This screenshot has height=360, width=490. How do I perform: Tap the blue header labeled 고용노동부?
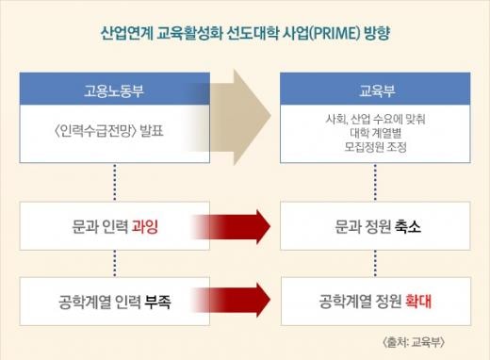[115, 89]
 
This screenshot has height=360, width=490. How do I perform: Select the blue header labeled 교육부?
[375, 89]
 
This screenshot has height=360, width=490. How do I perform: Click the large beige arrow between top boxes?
[240, 117]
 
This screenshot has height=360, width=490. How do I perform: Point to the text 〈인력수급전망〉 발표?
[109, 131]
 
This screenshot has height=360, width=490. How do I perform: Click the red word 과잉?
[144, 226]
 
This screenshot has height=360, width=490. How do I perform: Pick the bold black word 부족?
[157, 302]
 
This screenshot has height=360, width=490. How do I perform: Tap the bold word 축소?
[408, 226]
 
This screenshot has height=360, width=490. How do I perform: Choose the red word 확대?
[418, 302]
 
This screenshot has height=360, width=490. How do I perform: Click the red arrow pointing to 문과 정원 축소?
[231, 226]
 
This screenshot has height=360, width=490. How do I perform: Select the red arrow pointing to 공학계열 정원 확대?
[231, 300]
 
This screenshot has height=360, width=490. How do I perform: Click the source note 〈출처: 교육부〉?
[414, 342]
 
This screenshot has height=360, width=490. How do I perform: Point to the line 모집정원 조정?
[375, 147]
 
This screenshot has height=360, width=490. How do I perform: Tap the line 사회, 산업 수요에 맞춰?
[375, 119]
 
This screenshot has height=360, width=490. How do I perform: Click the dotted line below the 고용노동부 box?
[115, 182]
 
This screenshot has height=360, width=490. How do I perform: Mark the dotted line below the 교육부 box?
[375, 182]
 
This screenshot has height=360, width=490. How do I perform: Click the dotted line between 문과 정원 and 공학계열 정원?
[375, 263]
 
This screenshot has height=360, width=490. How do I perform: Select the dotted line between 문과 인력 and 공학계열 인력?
[115, 263]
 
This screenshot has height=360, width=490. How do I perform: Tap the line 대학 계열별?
[376, 133]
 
